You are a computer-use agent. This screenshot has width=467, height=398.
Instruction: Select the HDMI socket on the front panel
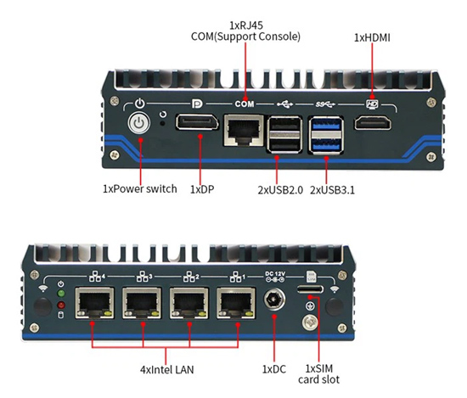pyautogui.click(x=374, y=125)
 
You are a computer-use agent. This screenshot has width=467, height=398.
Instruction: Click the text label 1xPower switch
pyautogui.click(x=139, y=188)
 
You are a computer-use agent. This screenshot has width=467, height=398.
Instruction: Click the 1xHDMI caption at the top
pyautogui.click(x=374, y=37)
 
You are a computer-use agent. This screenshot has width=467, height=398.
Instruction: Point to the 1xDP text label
pyautogui.click(x=204, y=188)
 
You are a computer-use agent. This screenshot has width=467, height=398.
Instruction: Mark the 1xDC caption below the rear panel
pyautogui.click(x=274, y=369)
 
